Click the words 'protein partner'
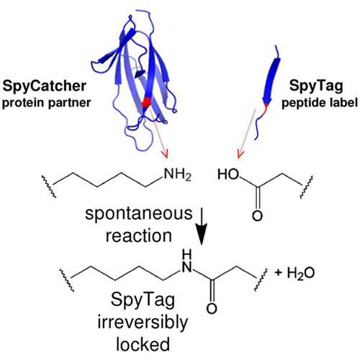tap(46, 103)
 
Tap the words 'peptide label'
tap(320, 103)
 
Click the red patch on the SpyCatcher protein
tap(146, 103)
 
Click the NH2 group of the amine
tap(178, 174)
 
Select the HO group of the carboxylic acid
tap(228, 174)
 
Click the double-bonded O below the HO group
tap(257, 215)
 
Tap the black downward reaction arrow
tap(201, 226)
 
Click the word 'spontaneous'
tap(139, 214)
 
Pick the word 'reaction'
tap(139, 235)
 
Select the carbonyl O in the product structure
tap(212, 308)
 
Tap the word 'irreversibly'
tap(143, 322)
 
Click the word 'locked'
tap(143, 344)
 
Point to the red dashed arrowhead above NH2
tap(165, 153)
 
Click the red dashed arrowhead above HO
tap(240, 153)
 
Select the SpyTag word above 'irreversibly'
tap(143, 300)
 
